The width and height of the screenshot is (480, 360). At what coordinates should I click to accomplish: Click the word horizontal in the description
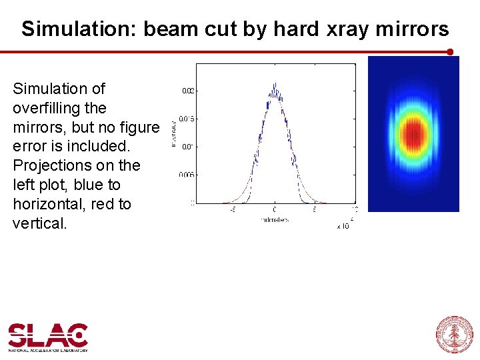tap(45, 204)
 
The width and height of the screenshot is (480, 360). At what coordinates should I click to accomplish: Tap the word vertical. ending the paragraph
tap(40, 223)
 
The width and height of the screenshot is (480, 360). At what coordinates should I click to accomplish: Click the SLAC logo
tap(48, 337)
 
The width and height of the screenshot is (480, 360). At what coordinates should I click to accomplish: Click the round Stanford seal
tap(454, 334)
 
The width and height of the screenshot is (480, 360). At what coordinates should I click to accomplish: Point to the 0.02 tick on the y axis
tap(188, 90)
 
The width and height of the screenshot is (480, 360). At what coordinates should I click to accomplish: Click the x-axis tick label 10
tap(355, 209)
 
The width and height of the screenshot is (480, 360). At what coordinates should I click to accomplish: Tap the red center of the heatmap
tap(414, 133)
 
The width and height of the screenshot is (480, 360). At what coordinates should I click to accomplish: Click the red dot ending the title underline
tap(450, 51)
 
